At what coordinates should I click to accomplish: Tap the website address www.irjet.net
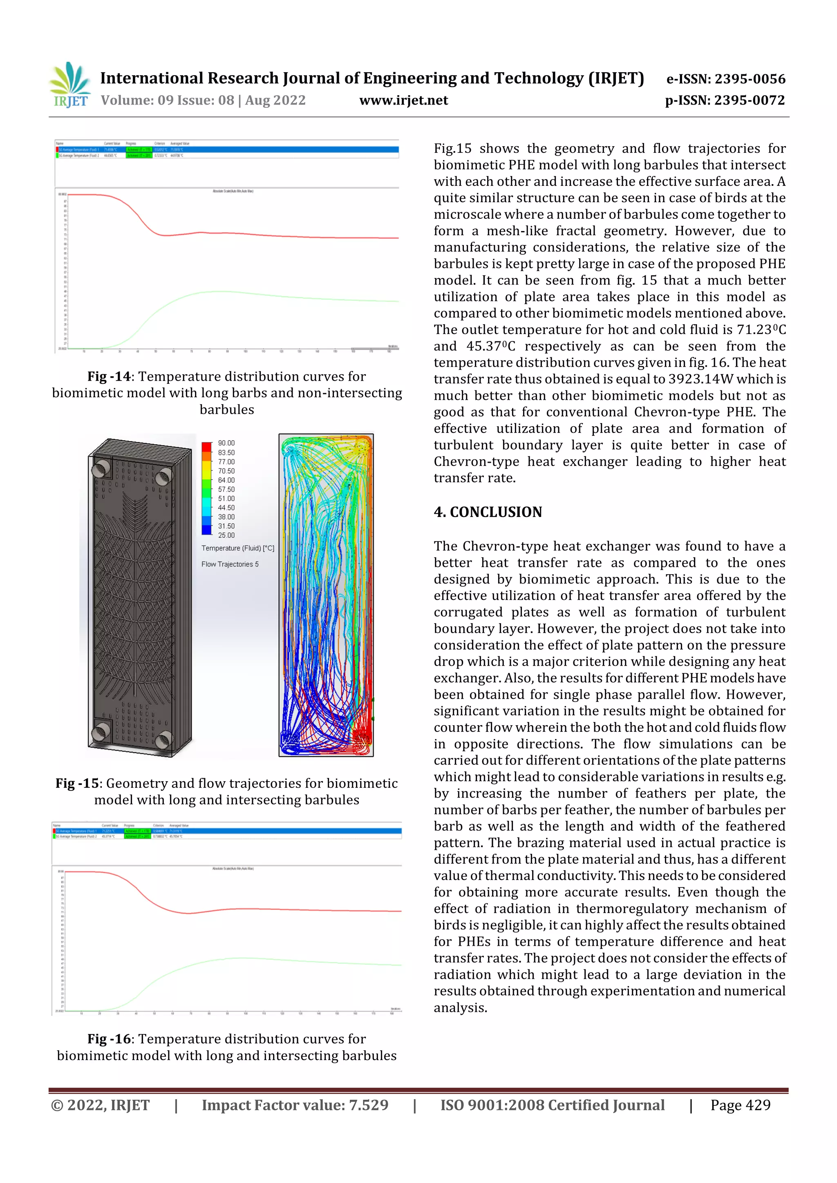403,100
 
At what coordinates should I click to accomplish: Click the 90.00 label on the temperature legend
226,443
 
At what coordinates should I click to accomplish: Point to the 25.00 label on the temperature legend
226,535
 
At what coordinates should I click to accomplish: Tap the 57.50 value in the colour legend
226,490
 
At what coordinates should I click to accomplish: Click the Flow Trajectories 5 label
230,564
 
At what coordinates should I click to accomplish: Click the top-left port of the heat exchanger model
101,468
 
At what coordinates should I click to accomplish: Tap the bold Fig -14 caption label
109,377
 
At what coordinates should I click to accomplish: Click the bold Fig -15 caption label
77,783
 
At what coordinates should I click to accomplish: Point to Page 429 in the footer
740,1105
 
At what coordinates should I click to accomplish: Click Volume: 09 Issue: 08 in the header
167,100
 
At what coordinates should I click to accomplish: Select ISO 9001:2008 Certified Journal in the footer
552,1105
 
